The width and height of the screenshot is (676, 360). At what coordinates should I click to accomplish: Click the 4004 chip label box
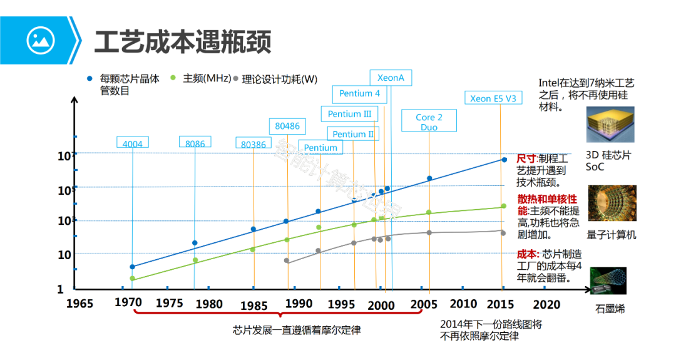pos(133,143)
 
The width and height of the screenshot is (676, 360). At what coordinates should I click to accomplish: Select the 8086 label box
pos(195,143)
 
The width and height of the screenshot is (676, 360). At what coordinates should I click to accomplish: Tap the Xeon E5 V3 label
pos(493,98)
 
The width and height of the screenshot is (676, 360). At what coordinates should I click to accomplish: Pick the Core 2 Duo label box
pos(429,121)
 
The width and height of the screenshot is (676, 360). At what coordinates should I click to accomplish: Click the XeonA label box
pos(391,78)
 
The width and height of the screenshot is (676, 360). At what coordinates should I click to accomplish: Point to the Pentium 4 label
pos(359,93)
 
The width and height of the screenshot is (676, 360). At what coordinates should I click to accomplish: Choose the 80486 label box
pos(287,126)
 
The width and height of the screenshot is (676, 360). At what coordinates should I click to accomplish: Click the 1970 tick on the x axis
pos(128,302)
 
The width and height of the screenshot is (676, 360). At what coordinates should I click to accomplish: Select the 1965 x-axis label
pos(79,304)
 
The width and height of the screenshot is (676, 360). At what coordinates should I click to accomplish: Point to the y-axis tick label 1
pos(61,289)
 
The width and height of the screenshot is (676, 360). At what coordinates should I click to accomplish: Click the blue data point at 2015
pos(504,160)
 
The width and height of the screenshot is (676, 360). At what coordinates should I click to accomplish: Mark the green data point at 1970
pos(132,279)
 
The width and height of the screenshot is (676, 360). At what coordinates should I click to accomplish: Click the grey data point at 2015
pos(503,233)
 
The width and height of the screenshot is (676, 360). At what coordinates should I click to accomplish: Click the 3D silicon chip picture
pos(610,124)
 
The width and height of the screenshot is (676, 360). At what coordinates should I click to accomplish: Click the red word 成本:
pos(528,254)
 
